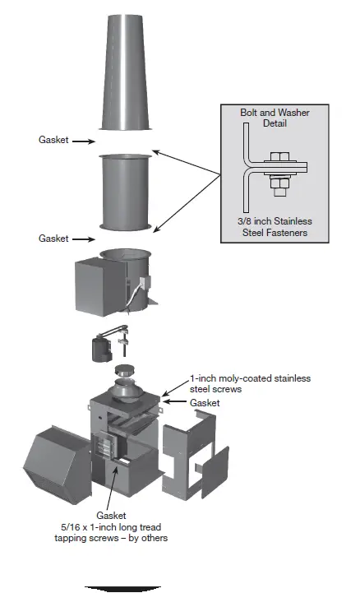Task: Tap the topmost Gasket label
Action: tap(54, 141)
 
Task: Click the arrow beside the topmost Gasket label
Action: tap(83, 141)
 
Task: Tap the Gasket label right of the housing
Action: tap(205, 404)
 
